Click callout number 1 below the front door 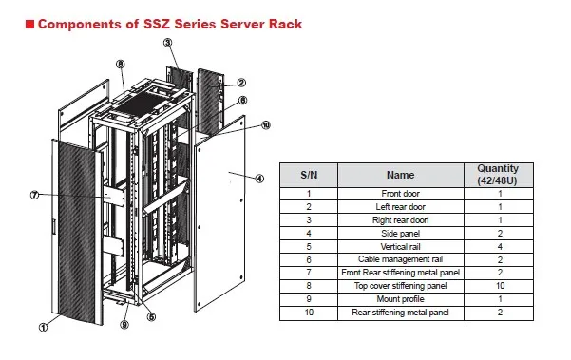44,329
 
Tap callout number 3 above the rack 168,43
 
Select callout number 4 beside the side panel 258,178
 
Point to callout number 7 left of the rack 34,196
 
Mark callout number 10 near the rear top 265,124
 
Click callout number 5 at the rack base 151,316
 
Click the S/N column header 309,175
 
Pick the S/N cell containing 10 309,311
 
